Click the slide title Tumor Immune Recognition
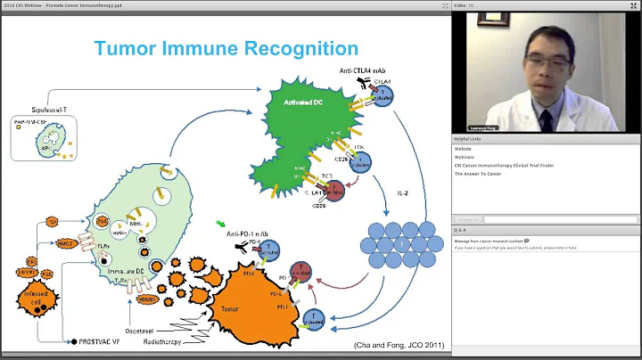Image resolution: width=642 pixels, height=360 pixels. click(x=226, y=48)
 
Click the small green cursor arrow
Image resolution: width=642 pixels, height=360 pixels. click(x=219, y=223)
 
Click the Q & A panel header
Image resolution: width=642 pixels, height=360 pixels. click(x=461, y=227)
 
